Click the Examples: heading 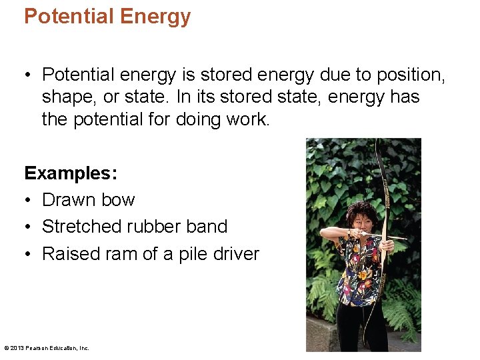click(x=71, y=173)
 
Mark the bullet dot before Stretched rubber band click(x=29, y=227)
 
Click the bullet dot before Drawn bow click(x=29, y=201)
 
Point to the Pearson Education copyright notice click(x=47, y=348)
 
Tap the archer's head click(x=359, y=216)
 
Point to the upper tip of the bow click(x=377, y=141)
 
